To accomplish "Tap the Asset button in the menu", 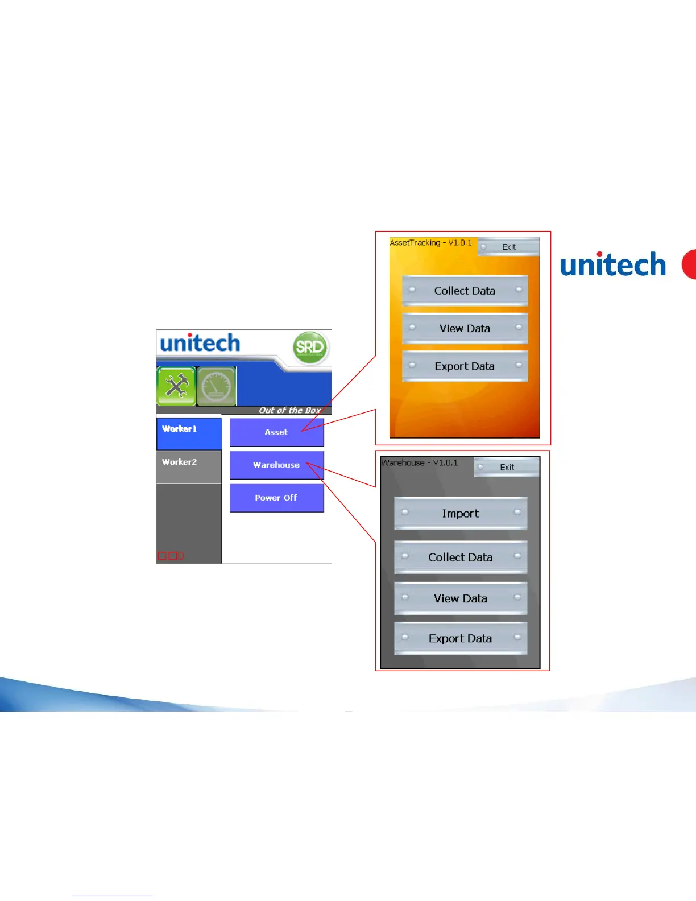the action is (276, 432).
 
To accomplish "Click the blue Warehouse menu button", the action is (276, 465).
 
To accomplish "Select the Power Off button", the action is (276, 498).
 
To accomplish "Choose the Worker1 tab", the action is (189, 433).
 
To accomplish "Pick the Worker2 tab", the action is (189, 467).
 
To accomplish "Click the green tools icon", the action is (176, 386).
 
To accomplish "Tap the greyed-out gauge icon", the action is (217, 386).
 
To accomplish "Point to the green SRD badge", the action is (310, 348).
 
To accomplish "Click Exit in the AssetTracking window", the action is (508, 247).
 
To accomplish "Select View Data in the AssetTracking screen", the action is (465, 328).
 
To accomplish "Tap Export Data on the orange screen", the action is (465, 366).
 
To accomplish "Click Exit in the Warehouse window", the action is (507, 467).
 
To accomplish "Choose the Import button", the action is (461, 513).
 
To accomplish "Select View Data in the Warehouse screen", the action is (461, 598).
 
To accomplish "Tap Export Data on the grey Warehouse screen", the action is (461, 638).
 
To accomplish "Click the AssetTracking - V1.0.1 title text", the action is (430, 242).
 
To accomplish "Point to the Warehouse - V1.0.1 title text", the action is (420, 462).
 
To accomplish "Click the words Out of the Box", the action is (290, 410).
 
